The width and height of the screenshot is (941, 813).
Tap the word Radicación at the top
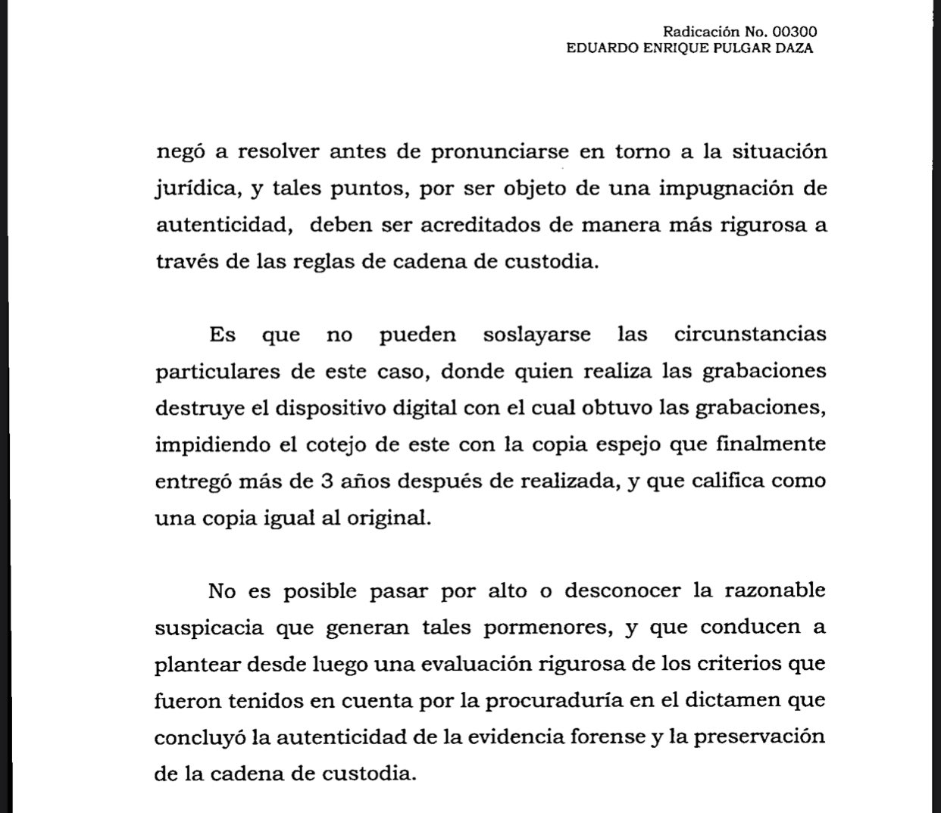click(x=700, y=32)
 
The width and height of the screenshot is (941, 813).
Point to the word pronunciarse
click(x=499, y=151)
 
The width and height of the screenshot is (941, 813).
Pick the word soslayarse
click(x=537, y=335)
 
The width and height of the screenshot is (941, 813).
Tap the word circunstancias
click(x=749, y=335)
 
